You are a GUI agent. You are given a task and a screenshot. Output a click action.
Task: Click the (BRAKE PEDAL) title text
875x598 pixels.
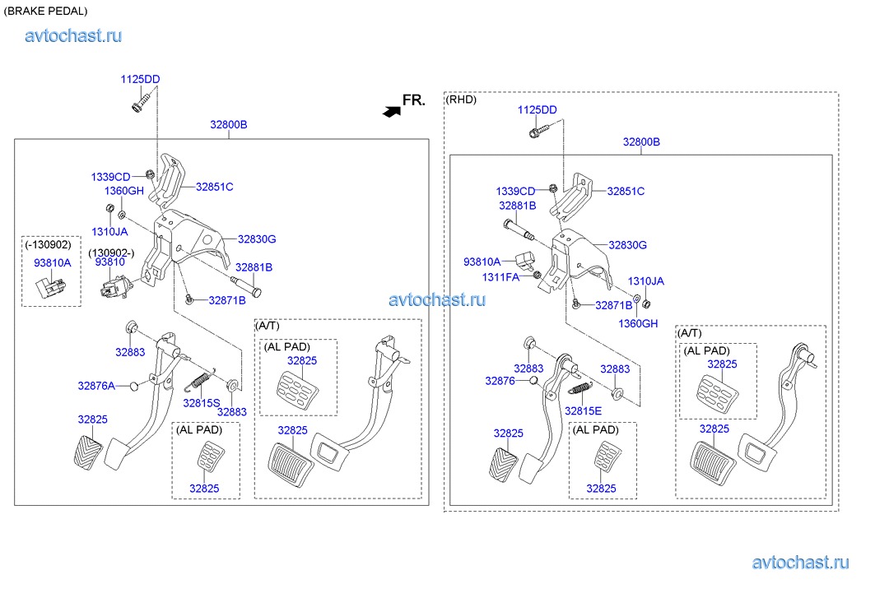[x=45, y=11]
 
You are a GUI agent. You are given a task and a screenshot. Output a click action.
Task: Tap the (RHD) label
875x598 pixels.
[x=461, y=100]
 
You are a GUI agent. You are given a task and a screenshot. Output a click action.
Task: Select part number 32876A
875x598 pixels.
[x=96, y=385]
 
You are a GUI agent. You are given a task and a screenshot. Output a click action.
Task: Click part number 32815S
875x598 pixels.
[x=202, y=403]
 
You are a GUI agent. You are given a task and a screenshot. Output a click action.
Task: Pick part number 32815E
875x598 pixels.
[x=583, y=410]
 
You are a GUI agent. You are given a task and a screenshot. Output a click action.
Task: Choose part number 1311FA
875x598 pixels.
[x=500, y=277]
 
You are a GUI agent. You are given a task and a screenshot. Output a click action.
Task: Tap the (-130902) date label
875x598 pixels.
[x=48, y=245]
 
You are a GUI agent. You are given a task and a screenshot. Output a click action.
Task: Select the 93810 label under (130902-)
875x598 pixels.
[x=109, y=262]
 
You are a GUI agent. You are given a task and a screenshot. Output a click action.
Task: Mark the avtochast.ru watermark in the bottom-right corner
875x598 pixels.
[x=800, y=563]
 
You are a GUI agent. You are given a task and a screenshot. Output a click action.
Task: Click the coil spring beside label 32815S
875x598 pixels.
[x=199, y=380]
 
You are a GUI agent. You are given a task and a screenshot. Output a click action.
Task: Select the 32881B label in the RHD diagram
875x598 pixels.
[x=517, y=206]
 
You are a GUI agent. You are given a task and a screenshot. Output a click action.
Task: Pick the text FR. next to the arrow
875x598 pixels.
[x=414, y=100]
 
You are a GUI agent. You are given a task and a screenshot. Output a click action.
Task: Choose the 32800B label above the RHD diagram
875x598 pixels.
[x=641, y=141]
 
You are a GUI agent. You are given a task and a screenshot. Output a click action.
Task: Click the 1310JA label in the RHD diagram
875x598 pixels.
[x=645, y=281]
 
